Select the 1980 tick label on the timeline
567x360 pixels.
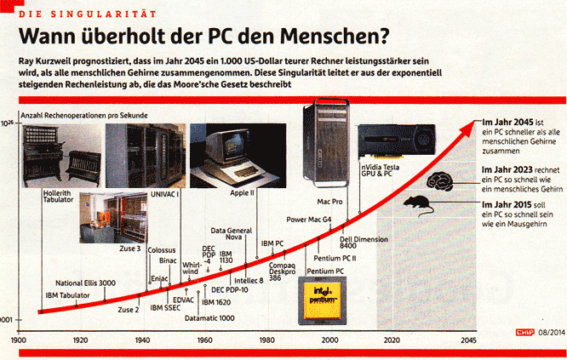[267, 340]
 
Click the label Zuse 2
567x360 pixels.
[128, 309]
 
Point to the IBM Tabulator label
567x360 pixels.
[67, 295]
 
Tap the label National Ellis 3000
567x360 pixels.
[85, 282]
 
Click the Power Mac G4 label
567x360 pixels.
[309, 220]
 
